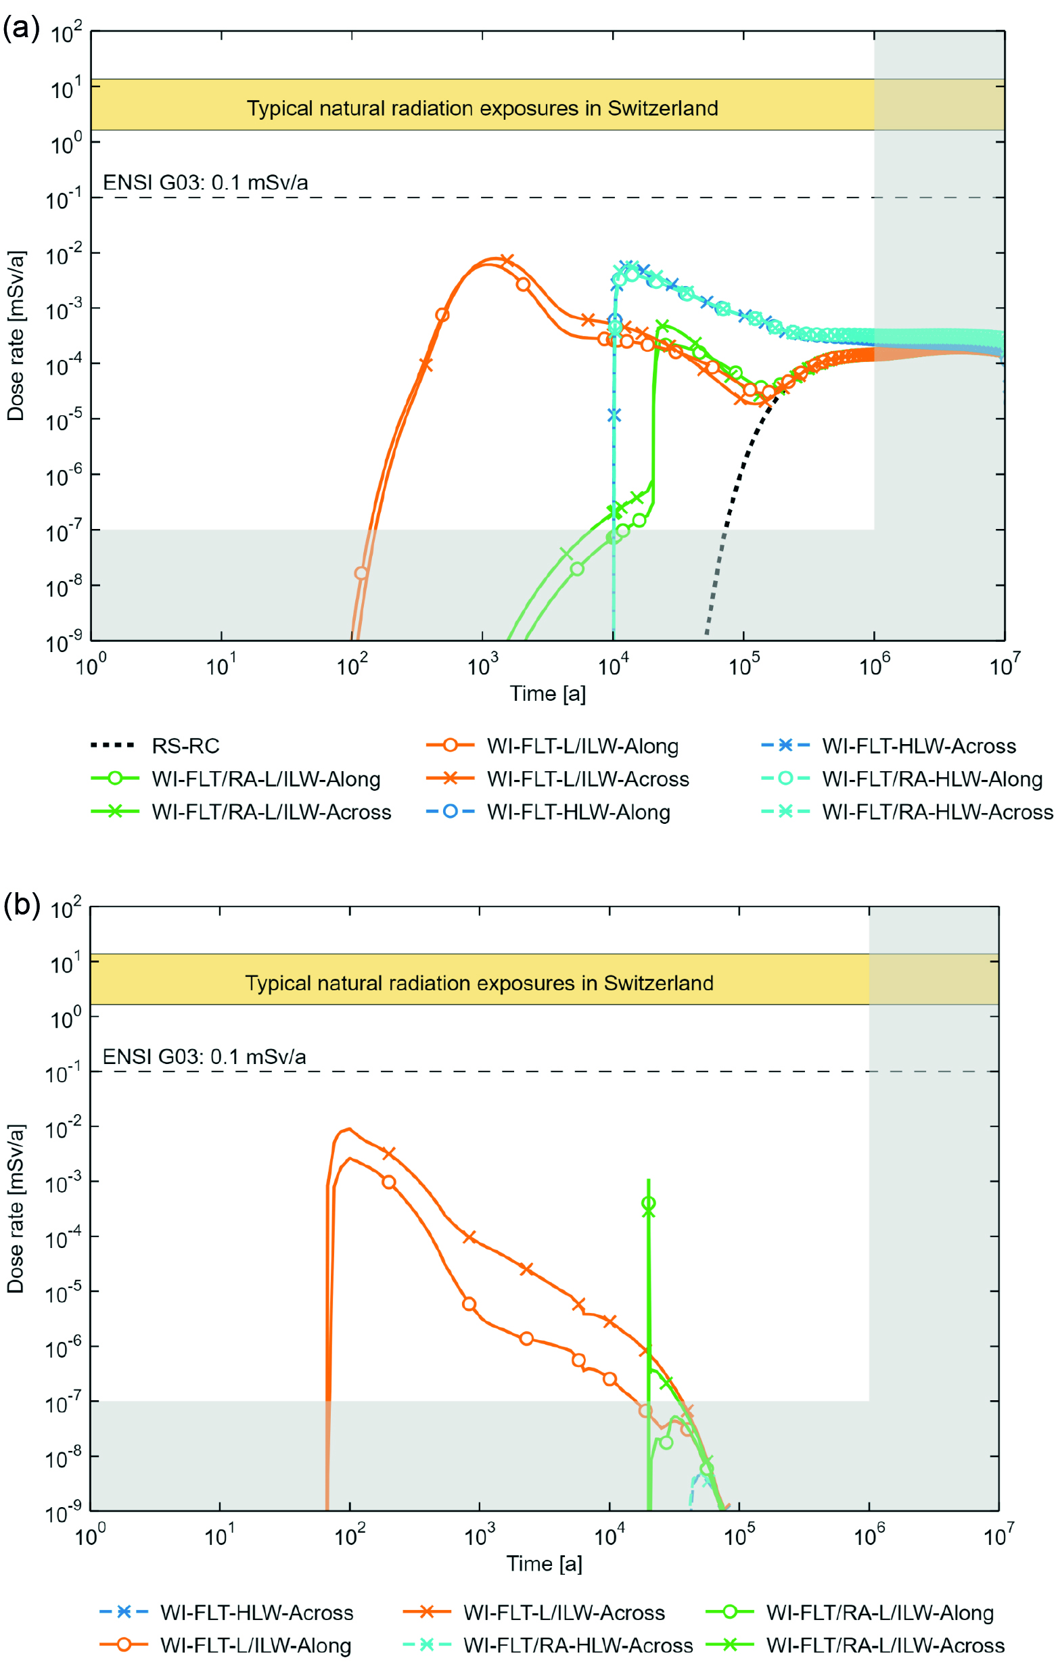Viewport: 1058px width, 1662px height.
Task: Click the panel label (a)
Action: click(21, 29)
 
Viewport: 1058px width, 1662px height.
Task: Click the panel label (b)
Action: click(21, 904)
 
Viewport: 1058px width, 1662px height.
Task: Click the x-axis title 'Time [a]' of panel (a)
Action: click(547, 693)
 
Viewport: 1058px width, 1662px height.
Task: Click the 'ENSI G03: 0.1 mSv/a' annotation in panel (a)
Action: click(205, 183)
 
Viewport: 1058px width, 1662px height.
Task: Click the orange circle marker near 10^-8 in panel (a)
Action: click(361, 573)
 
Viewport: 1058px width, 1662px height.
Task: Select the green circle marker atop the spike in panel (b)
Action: click(648, 1203)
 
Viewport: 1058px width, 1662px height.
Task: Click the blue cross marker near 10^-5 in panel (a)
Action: click(614, 415)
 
